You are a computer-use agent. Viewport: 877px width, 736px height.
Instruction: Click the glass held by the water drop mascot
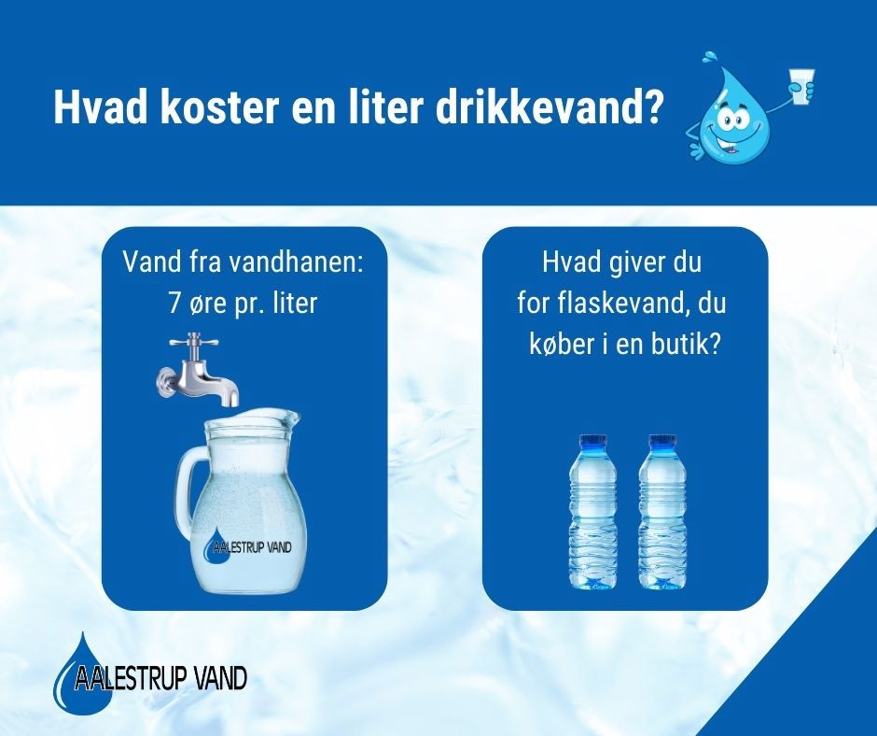point(800,86)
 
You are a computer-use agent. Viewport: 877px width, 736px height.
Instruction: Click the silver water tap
point(197,369)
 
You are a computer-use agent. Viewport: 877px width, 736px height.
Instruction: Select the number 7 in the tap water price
point(174,304)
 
